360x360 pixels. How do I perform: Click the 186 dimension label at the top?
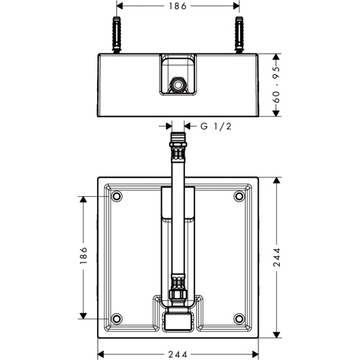178,6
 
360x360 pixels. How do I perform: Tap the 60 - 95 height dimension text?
277,85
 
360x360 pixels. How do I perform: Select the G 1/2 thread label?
216,126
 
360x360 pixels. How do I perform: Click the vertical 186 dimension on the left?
83,256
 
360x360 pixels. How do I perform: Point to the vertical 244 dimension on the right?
277,257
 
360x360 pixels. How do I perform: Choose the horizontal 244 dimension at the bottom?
178,354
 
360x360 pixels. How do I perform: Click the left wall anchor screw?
116,35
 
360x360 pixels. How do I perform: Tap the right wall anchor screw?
239,35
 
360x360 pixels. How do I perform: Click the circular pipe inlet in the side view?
178,85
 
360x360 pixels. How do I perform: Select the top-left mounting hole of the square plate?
116,196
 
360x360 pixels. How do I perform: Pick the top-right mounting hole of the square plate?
239,196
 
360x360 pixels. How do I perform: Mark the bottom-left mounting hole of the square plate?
116,319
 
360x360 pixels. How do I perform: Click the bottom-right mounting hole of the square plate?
239,319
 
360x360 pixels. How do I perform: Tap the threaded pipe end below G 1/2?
178,137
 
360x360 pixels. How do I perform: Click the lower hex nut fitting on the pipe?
178,295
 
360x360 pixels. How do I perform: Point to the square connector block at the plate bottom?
178,322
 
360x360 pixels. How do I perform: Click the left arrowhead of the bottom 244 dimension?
101,354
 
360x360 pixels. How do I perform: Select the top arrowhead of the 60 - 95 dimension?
277,57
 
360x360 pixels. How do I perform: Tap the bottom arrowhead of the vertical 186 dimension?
83,316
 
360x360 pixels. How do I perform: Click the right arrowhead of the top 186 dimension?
236,6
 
